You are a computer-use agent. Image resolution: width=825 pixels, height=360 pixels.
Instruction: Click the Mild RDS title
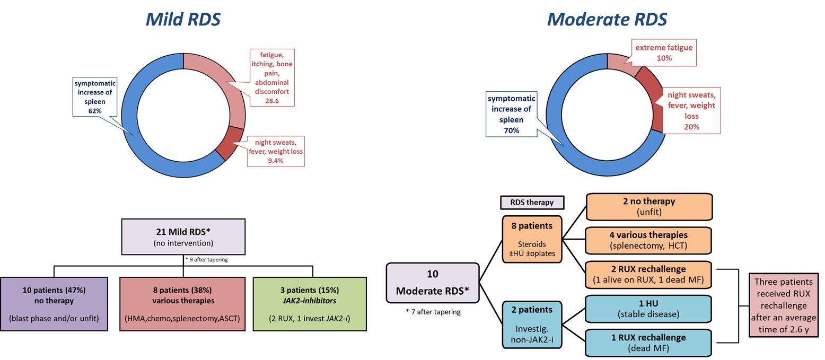[x=183, y=20]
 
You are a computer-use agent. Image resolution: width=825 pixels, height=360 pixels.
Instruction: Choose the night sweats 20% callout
[x=691, y=111]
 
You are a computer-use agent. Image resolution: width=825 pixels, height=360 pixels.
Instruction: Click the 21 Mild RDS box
[x=183, y=236]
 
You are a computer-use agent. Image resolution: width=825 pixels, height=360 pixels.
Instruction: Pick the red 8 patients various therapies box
[x=183, y=304]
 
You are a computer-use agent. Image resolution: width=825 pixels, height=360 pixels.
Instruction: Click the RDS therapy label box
[x=532, y=202]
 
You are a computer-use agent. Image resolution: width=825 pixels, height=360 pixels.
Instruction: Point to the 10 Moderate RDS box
[x=433, y=283]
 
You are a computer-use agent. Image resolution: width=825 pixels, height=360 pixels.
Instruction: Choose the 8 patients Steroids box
[x=532, y=239]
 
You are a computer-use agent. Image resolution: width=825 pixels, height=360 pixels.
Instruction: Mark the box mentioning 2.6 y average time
[x=783, y=305]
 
